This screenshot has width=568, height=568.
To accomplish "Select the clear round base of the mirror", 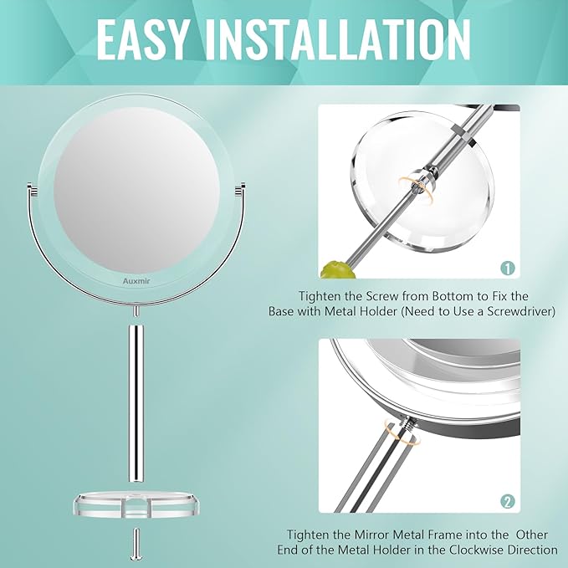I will coord(136,507).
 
